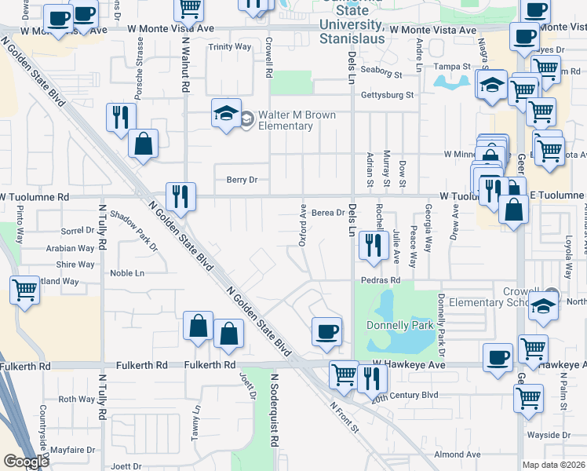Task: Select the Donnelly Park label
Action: pyautogui.click(x=399, y=325)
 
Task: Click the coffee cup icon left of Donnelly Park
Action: pyautogui.click(x=326, y=330)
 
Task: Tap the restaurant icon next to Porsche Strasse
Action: pyautogui.click(x=120, y=118)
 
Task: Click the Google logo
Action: pyautogui.click(x=26, y=462)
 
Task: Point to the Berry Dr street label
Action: pyautogui.click(x=242, y=180)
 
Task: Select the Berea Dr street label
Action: pyautogui.click(x=328, y=213)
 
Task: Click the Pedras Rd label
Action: pyautogui.click(x=381, y=279)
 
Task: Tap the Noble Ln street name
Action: pyautogui.click(x=127, y=273)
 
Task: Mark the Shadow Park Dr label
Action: pyautogui.click(x=133, y=231)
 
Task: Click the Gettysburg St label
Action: pyautogui.click(x=387, y=95)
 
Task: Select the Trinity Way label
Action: pyautogui.click(x=229, y=47)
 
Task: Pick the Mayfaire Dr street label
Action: pyautogui.click(x=71, y=451)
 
